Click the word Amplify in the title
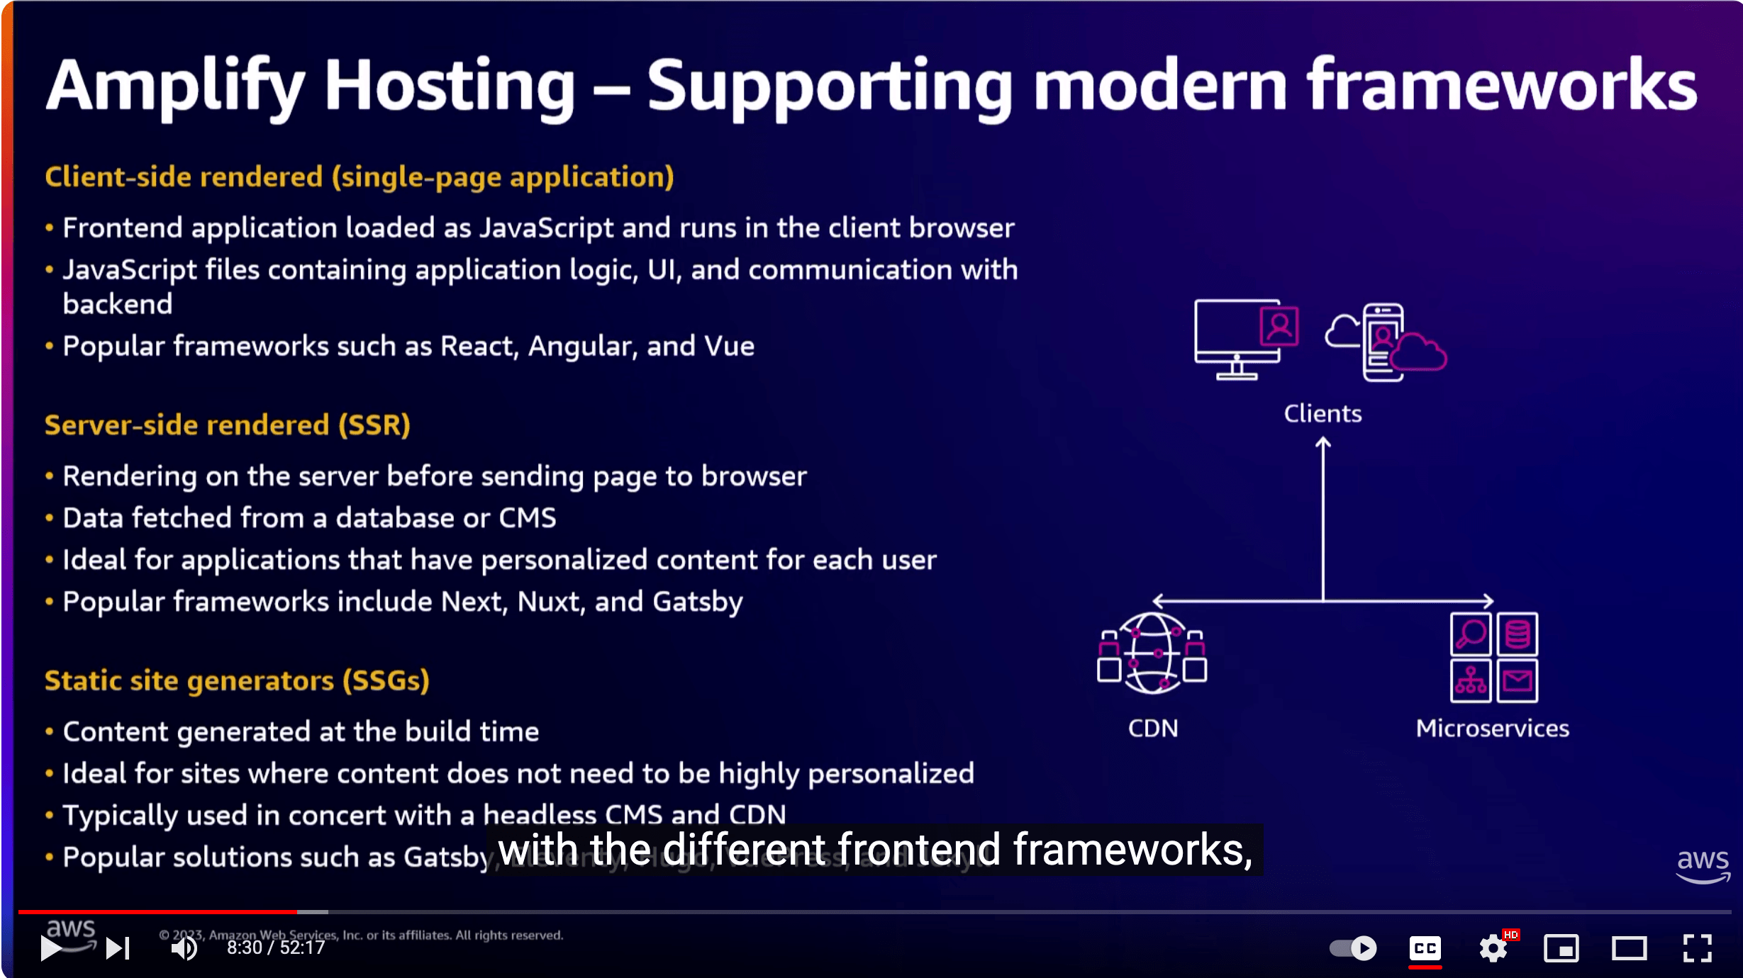pos(174,86)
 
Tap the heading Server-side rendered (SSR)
pos(227,425)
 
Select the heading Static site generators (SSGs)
pos(237,680)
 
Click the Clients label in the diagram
pos(1322,413)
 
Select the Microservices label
pos(1492,729)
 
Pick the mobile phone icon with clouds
pos(1385,342)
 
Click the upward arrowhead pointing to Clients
pos(1323,444)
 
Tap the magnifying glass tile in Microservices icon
pos(1471,634)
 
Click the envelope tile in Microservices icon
pos(1518,681)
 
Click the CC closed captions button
pos(1425,948)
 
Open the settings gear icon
pos(1493,948)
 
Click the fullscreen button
pos(1698,948)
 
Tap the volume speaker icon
pos(184,948)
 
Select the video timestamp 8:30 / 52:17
pos(276,948)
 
